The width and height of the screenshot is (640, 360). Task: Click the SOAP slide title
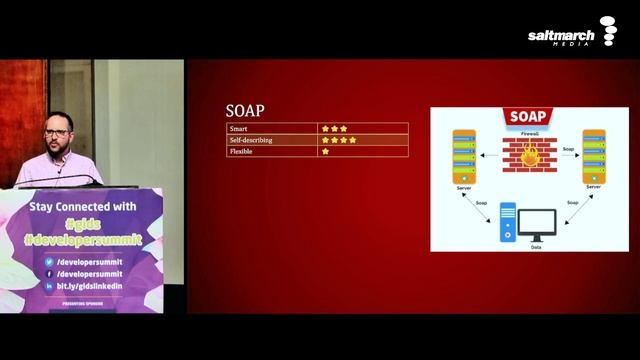click(x=245, y=111)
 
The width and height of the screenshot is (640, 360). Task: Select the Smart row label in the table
click(x=241, y=129)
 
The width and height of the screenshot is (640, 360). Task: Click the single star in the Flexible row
click(x=325, y=152)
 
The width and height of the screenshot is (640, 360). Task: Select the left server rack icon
click(x=463, y=154)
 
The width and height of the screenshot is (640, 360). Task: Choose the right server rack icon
click(x=594, y=154)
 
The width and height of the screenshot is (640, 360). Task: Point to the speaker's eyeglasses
click(x=57, y=131)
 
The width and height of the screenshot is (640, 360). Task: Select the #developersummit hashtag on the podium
click(x=85, y=242)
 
